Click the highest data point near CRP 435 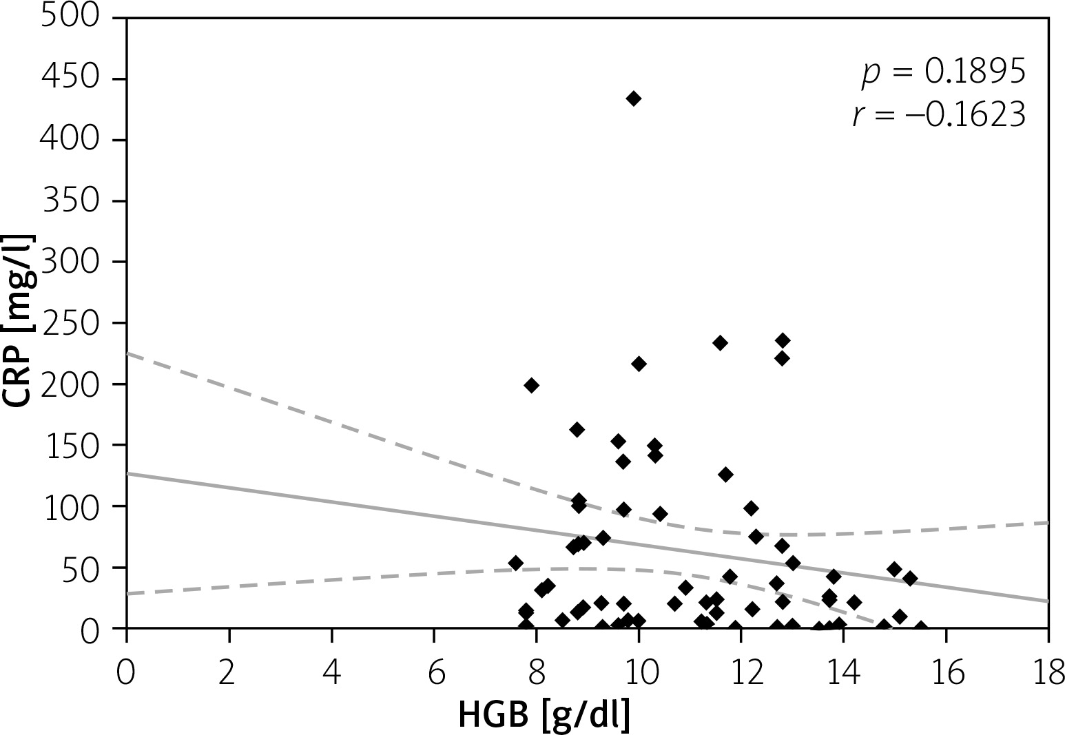[x=634, y=99]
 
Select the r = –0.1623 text [x=938, y=116]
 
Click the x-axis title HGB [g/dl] [x=544, y=714]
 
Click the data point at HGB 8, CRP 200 [x=531, y=385]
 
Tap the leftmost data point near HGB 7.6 [x=515, y=563]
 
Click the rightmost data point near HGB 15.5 [x=920, y=627]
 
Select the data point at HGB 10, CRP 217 [x=639, y=364]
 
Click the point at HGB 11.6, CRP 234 [x=720, y=343]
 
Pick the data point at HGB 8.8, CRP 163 [x=577, y=430]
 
